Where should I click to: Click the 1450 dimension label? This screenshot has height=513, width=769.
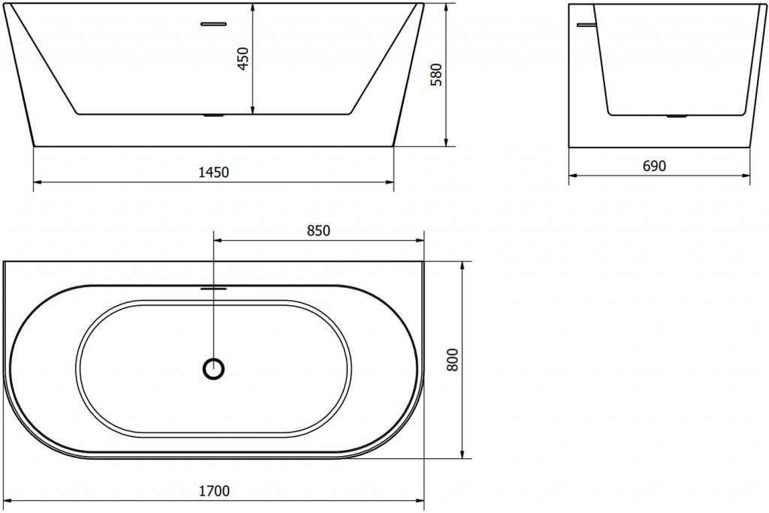click(214, 172)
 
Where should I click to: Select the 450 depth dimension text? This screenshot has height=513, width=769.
click(242, 58)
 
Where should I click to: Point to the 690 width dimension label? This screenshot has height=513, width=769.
click(654, 166)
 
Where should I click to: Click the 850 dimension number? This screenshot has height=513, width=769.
click(318, 231)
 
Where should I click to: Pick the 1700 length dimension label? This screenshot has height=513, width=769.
click(215, 491)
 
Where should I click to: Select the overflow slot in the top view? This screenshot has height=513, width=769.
click(214, 286)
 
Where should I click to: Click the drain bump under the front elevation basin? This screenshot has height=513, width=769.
click(215, 115)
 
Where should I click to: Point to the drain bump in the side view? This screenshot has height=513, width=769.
click(678, 116)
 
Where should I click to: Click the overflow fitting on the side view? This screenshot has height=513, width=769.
click(584, 25)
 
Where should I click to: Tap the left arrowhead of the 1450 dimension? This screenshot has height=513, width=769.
click(38, 181)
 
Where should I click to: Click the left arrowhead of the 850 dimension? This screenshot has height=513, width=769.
click(219, 241)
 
